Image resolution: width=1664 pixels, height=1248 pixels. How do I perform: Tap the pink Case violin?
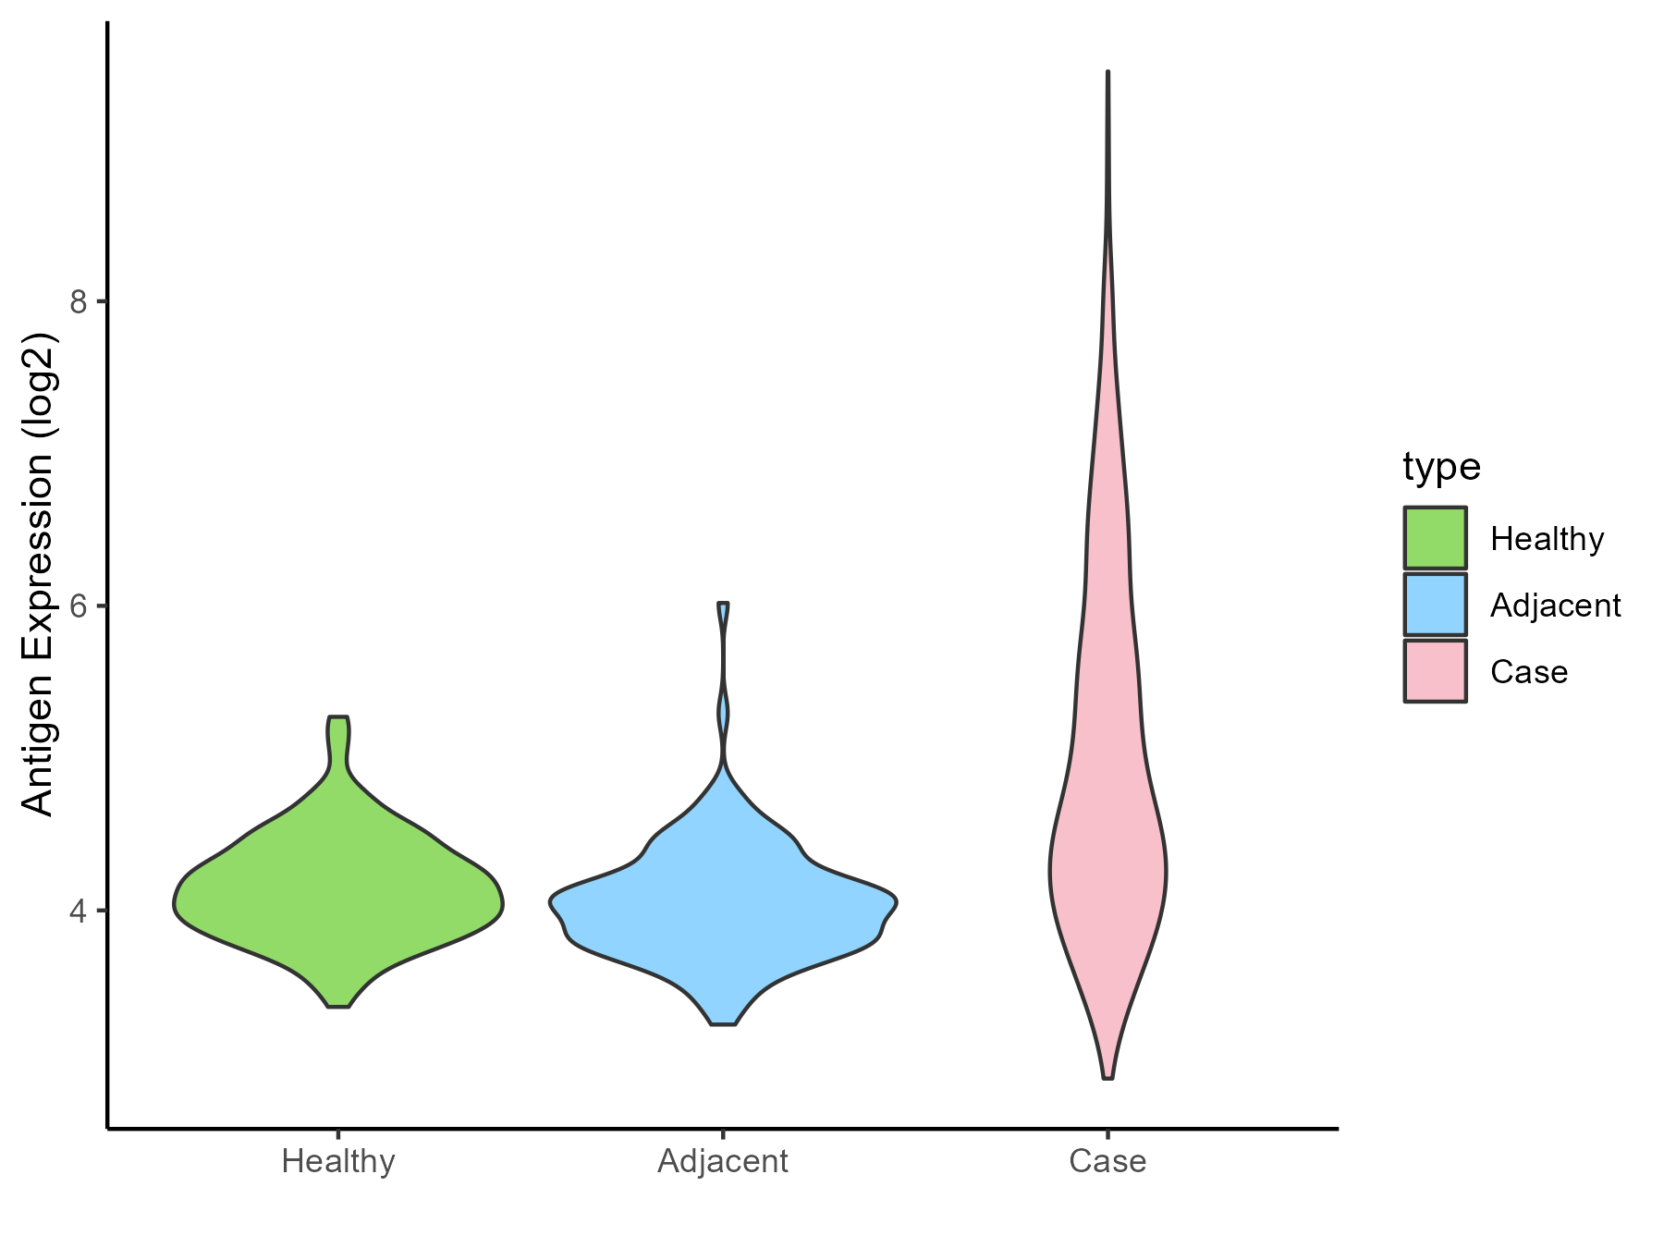tap(1107, 832)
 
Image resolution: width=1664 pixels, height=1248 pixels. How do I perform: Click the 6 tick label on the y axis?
tap(78, 606)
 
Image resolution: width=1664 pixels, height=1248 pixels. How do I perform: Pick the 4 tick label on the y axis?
tap(78, 911)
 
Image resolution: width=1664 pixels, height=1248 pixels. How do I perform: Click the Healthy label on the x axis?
tap(338, 1161)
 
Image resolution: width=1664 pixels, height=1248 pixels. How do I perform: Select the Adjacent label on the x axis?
tap(723, 1161)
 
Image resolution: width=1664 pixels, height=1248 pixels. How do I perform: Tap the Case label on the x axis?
tap(1107, 1161)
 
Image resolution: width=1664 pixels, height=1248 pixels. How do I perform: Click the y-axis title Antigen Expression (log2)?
tap(39, 573)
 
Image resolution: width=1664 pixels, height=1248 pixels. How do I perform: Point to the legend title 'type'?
tap(1441, 467)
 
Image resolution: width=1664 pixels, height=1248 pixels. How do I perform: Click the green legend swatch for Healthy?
tap(1435, 537)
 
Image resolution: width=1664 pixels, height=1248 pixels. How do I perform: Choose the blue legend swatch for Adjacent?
tap(1435, 605)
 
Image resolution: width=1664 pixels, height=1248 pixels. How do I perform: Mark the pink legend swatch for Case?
tap(1435, 671)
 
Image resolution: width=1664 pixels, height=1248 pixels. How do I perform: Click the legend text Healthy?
tap(1548, 539)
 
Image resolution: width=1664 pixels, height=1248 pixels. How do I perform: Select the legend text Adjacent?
tap(1556, 606)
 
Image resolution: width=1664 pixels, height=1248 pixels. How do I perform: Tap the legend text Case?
tap(1529, 672)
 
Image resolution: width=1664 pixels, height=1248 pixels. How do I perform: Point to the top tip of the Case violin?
tap(1107, 72)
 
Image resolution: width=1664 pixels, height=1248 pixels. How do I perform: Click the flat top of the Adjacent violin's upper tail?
tap(723, 604)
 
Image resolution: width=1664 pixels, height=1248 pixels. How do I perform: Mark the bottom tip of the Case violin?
tap(1107, 1077)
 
